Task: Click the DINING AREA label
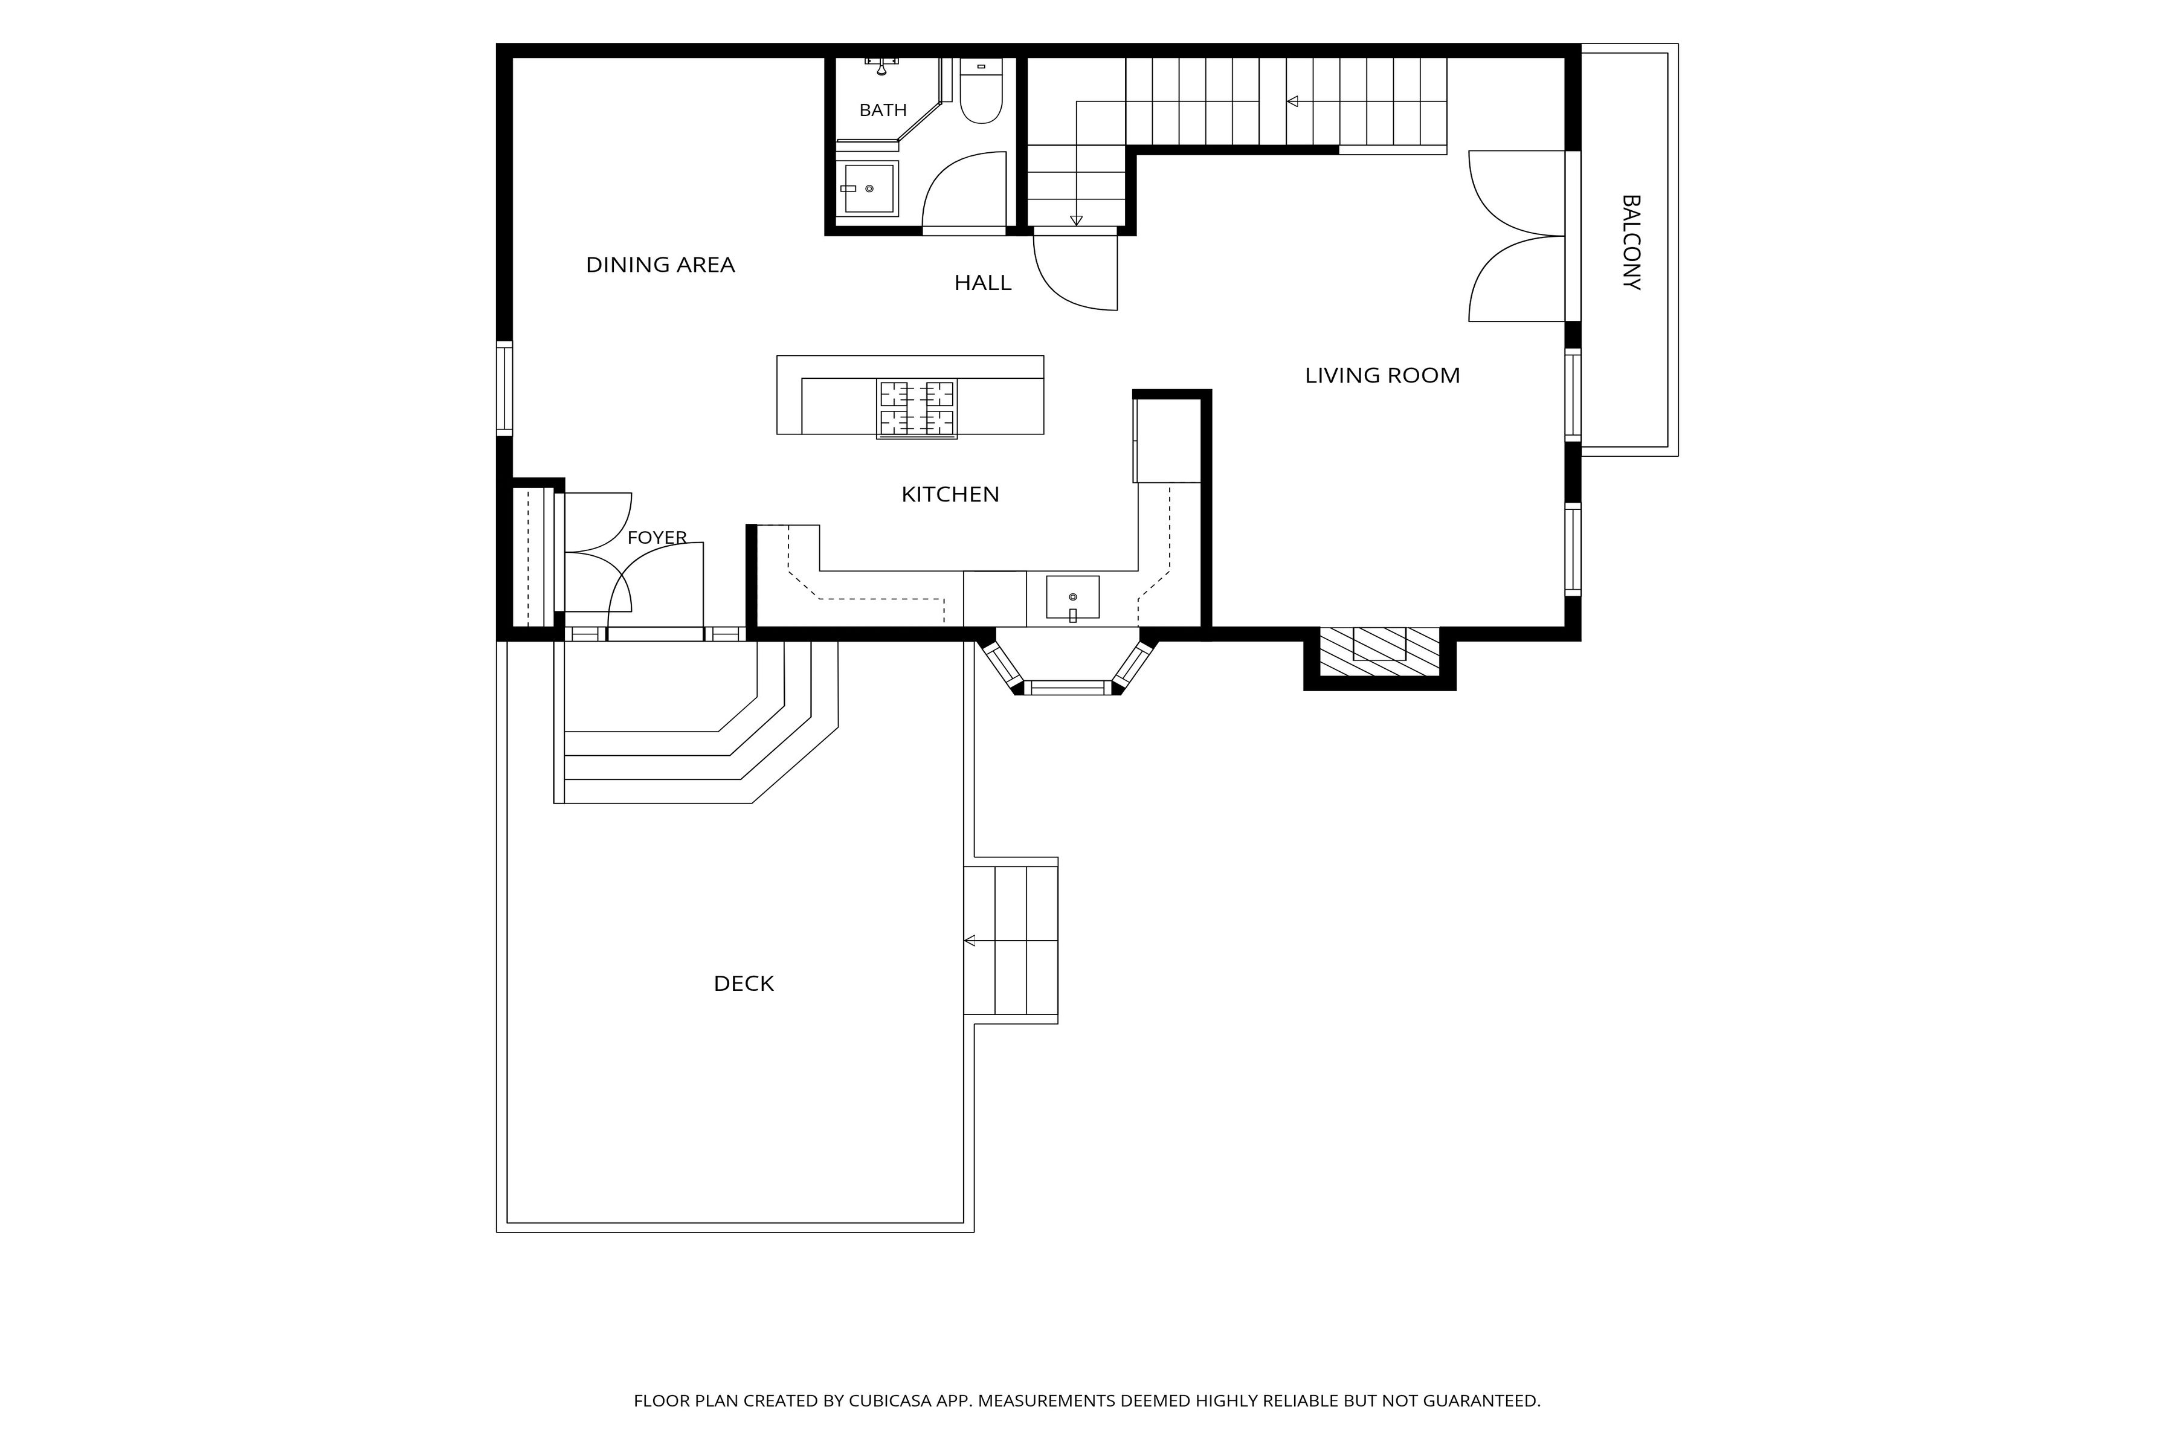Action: (x=660, y=265)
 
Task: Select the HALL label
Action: (x=983, y=283)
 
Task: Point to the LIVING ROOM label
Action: (x=1382, y=375)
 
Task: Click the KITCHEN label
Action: (x=950, y=495)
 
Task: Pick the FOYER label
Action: (x=657, y=537)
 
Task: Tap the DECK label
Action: (x=744, y=984)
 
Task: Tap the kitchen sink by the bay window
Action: (x=1073, y=598)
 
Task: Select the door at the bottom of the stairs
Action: (x=1075, y=272)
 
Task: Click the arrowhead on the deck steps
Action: (x=969, y=941)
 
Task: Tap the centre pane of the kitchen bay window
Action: (x=1068, y=687)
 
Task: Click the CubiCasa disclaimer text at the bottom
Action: (x=1086, y=1401)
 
